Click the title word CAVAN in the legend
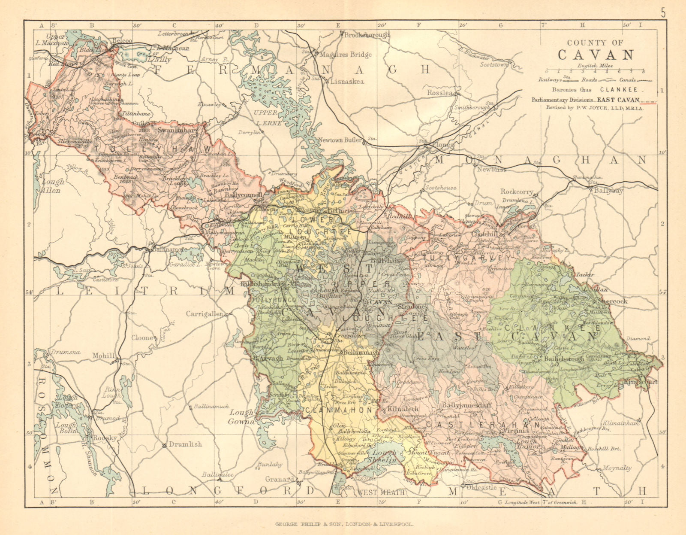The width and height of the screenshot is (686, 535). [x=596, y=55]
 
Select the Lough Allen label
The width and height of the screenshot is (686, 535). [x=52, y=186]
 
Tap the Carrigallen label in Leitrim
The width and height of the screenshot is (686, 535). [x=204, y=314]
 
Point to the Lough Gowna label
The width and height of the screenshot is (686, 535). [x=242, y=416]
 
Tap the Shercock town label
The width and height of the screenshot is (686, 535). [x=616, y=301]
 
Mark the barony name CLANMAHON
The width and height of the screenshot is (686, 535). [x=339, y=410]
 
